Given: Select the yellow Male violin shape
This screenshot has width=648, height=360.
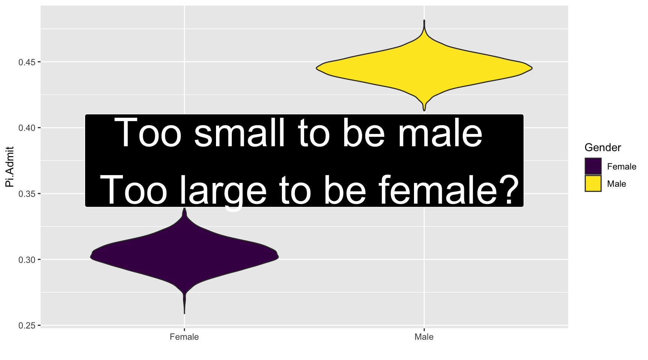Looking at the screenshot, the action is (424, 68).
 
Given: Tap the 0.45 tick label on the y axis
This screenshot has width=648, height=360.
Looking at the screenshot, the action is (27, 62).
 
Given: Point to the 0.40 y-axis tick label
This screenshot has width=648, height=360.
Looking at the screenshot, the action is (27, 128).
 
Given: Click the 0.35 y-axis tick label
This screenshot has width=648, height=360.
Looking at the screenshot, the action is (27, 194).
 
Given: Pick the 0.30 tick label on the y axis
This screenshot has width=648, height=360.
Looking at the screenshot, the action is (27, 260).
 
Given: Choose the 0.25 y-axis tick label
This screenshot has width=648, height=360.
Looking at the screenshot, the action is (27, 325).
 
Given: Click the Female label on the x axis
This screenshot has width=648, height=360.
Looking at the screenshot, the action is (184, 337).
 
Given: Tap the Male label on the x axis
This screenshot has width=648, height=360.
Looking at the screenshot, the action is (424, 337).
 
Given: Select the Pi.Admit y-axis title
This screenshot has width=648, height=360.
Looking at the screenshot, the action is (10, 166).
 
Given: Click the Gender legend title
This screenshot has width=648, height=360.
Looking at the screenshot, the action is (603, 147).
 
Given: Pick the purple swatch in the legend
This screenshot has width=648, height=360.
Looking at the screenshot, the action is (593, 166).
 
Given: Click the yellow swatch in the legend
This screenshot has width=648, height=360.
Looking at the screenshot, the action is (593, 184).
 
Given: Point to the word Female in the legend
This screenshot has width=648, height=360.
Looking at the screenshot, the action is (622, 166).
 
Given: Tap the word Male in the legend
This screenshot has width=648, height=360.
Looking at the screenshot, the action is (617, 184).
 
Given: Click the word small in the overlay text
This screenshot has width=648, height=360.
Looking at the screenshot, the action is (239, 133).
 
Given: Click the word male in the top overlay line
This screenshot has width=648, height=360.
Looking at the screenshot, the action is (440, 133).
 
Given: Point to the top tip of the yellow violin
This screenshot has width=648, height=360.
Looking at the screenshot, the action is (424, 20).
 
